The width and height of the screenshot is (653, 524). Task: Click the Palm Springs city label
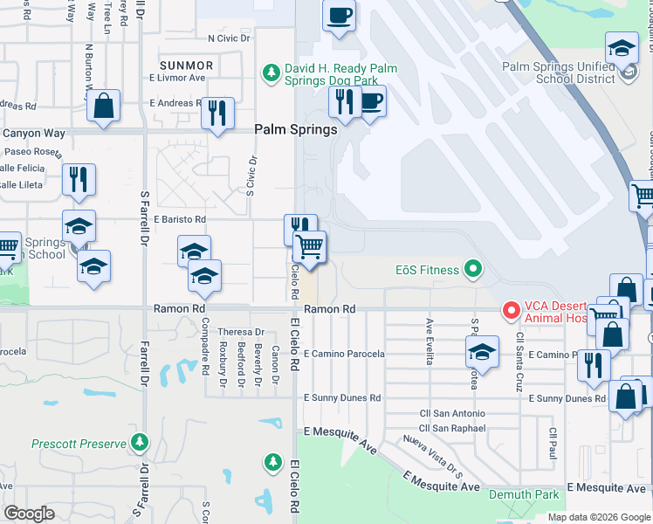point(295,129)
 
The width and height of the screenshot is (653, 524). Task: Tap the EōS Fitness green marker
point(473,269)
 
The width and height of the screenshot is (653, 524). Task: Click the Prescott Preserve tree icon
point(140,444)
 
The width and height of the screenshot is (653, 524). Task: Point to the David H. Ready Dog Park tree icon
point(272,72)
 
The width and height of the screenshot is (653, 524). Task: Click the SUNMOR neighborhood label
point(186,65)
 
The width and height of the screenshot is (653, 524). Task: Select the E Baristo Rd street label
point(179,219)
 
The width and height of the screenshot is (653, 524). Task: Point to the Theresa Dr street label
point(241,332)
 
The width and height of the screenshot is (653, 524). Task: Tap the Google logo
point(29,514)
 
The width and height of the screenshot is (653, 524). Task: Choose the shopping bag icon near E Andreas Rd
point(104,107)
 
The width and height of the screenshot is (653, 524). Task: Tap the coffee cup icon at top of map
point(339,16)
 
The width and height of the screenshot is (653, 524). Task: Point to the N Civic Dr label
point(229,38)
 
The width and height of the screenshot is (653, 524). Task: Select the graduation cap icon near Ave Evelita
point(481,351)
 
